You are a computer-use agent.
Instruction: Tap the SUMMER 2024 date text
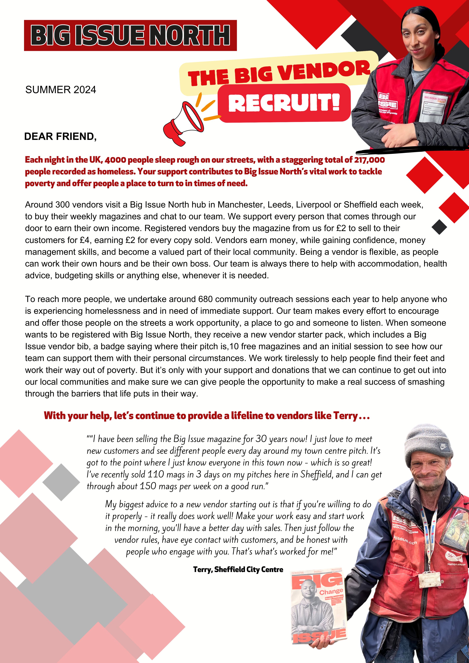[x=61, y=90]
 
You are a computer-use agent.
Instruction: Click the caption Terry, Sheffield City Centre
[x=238, y=570]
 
